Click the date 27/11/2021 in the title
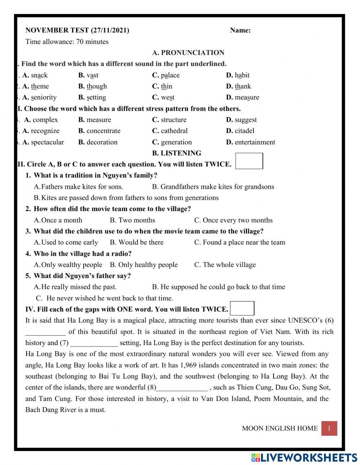(110, 30)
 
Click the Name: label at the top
(240, 30)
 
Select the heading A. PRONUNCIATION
(188, 53)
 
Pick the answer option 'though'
(96, 86)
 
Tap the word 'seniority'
(44, 97)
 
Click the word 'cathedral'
(174, 131)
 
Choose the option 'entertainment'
(255, 142)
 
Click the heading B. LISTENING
(176, 153)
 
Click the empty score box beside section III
(249, 161)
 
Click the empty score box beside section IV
(242, 308)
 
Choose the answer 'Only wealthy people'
(72, 265)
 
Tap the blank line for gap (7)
(94, 343)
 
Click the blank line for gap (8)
(182, 388)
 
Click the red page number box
(329, 429)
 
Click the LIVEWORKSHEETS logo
(304, 457)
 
